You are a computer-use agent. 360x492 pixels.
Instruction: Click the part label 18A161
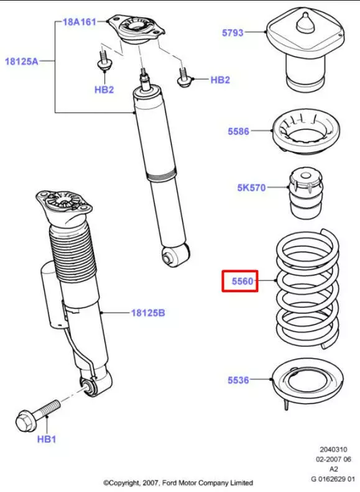79,22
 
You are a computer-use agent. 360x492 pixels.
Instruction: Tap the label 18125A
21,61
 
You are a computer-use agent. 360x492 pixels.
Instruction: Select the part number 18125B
148,313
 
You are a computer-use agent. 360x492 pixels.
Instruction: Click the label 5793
233,33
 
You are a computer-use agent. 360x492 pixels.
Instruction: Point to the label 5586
238,131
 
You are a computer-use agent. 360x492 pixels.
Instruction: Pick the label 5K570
251,188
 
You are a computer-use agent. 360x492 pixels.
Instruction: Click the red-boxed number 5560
242,281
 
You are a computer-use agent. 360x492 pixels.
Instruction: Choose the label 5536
238,380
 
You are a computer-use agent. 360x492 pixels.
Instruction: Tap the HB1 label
47,439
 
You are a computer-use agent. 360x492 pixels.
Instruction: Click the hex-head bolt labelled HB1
38,414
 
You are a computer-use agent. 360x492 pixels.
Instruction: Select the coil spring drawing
308,289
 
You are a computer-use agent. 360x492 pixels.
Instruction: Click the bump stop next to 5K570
306,193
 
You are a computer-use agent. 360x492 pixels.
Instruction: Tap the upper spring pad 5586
306,131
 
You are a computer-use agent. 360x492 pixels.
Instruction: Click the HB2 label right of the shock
220,80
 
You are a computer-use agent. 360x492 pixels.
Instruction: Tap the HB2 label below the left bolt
104,89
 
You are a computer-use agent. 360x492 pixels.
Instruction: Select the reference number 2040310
333,450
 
